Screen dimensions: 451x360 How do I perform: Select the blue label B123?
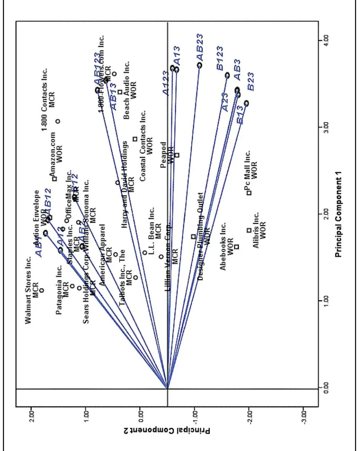pyautogui.click(x=220, y=58)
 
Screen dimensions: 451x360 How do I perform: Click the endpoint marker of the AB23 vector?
pyautogui.click(x=200, y=65)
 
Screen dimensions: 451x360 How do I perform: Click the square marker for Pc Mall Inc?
pyautogui.click(x=249, y=193)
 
